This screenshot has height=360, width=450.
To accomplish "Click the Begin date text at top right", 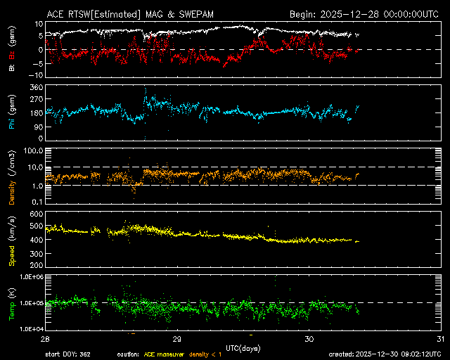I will (365, 13).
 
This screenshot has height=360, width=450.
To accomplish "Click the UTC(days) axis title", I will (242, 346).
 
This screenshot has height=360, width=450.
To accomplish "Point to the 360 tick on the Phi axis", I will (35, 87).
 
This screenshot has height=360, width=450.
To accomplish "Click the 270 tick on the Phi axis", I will (35, 100).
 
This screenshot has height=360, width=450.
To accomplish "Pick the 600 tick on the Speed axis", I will (35, 213).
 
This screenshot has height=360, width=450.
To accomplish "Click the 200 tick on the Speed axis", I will (35, 266).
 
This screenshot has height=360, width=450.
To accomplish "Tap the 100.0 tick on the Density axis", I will (32, 150).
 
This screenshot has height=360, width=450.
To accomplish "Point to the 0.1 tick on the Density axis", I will (37, 202).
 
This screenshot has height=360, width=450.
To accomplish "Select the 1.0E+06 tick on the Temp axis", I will (30, 277).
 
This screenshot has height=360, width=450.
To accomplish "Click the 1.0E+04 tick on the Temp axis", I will (30, 328).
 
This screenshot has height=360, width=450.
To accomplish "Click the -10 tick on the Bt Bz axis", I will (35, 75).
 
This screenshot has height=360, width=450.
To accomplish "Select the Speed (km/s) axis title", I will (13, 239).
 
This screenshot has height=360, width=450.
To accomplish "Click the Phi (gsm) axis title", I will (13, 115).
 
